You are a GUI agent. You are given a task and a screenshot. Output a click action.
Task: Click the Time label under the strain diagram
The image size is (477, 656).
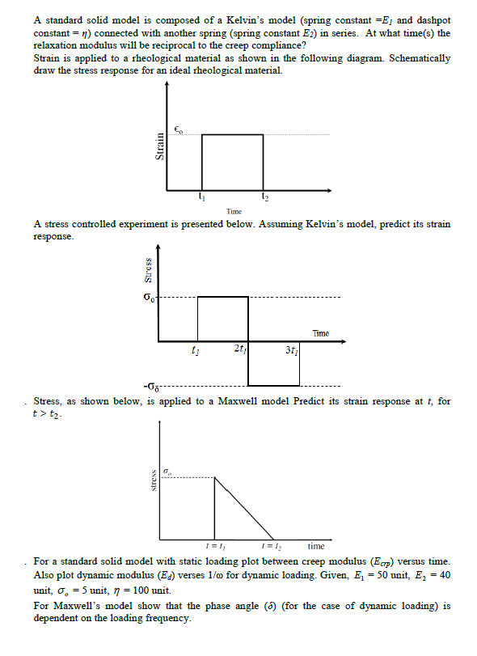(x=234, y=211)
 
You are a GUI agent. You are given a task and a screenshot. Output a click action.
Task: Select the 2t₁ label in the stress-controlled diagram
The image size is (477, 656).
(x=240, y=349)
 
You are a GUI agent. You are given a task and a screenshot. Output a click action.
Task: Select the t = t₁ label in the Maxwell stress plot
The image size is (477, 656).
(x=214, y=546)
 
